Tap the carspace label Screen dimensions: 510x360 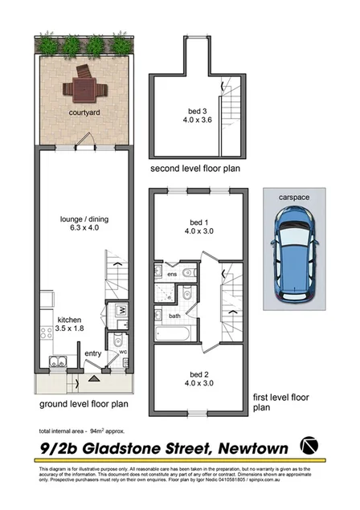[294, 195]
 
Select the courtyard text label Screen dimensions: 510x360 [85, 114]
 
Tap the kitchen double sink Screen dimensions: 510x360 [55, 360]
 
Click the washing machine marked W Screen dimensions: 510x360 [120, 310]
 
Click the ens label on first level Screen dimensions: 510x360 [170, 274]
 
